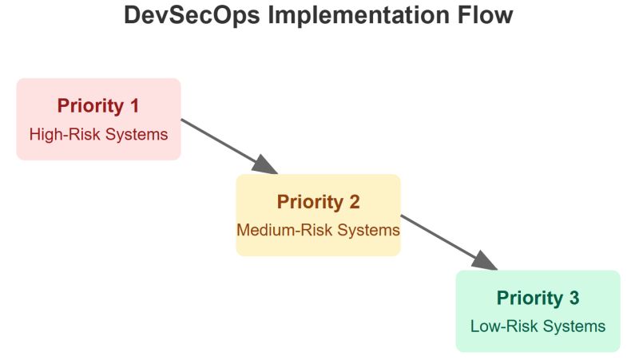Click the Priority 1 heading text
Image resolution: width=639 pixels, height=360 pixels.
(98, 106)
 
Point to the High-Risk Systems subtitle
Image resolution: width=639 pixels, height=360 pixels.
(98, 134)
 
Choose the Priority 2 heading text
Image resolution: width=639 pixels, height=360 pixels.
(318, 202)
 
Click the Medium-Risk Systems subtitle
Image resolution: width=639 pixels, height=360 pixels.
(318, 230)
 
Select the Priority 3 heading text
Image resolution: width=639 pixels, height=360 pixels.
(538, 298)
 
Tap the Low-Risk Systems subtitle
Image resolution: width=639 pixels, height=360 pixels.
(538, 326)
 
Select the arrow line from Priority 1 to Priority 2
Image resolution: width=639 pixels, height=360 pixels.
(220, 141)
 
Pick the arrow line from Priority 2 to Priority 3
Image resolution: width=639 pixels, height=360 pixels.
(439, 237)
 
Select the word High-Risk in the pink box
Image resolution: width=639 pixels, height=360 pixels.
(62, 134)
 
